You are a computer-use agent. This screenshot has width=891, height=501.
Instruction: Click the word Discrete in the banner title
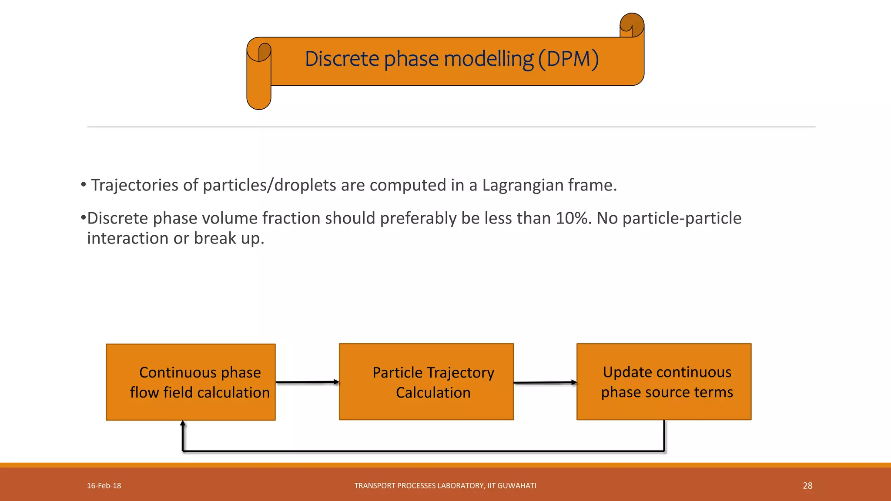coord(342,59)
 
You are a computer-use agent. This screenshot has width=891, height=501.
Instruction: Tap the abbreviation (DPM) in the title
coord(568,59)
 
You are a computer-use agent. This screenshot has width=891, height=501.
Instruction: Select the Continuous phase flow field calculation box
coord(191,382)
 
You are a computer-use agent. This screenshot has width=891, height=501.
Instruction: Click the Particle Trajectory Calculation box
coord(426,382)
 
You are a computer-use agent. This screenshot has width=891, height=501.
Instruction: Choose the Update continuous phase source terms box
coord(664,382)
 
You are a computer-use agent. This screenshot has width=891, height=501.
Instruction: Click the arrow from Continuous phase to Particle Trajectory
coord(307,382)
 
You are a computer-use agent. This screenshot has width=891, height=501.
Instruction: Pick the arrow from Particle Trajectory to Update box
coord(545,383)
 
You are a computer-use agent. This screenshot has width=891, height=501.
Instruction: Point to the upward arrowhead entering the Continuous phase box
coord(183,424)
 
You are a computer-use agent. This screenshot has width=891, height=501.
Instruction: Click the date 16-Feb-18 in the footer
coord(104,486)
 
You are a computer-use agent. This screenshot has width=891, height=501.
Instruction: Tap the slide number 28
coord(807,486)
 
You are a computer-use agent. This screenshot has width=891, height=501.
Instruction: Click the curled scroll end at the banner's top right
coord(632,25)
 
